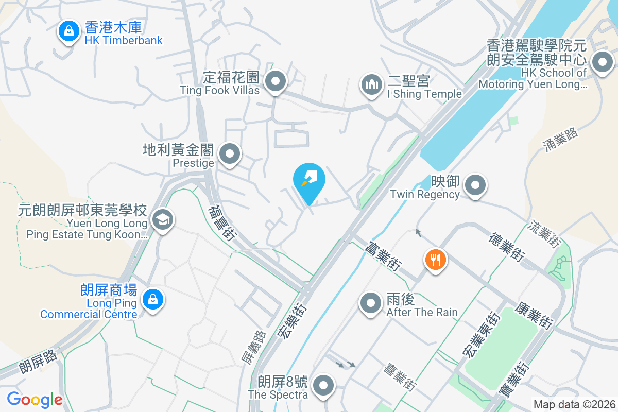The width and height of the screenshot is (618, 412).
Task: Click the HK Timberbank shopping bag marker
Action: (x=68, y=32)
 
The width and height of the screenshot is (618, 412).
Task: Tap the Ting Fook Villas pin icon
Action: (x=276, y=81)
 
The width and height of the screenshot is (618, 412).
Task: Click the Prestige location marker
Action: (x=230, y=154)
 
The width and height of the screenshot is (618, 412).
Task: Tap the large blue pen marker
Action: (x=309, y=181)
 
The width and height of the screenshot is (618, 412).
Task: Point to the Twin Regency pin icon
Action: (x=475, y=185)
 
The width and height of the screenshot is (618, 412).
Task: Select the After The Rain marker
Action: (x=371, y=304)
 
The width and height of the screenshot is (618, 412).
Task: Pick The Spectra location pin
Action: (x=323, y=386)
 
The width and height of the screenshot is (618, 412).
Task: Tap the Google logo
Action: (x=35, y=399)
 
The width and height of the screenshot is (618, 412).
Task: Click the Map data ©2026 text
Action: (x=574, y=404)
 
